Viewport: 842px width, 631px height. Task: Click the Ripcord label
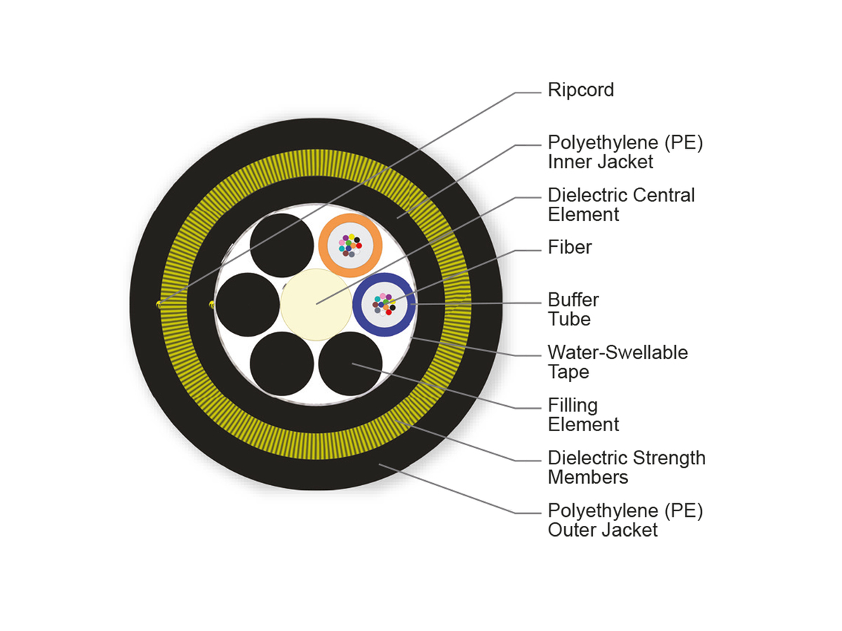(580, 90)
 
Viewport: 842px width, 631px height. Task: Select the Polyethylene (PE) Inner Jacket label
(624, 152)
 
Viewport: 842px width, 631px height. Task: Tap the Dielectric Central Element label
(621, 205)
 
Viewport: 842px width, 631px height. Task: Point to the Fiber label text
(570, 247)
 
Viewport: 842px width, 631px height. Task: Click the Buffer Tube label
(573, 309)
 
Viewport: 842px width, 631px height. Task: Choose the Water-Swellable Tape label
(617, 362)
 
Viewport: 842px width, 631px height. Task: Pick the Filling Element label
(583, 414)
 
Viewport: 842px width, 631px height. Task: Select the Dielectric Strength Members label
(626, 468)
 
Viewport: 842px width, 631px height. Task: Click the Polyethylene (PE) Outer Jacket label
(624, 520)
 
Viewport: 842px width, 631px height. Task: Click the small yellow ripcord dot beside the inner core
(211, 304)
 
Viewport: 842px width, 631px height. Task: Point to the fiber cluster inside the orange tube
(349, 245)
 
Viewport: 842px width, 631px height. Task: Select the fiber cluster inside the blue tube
(383, 304)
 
